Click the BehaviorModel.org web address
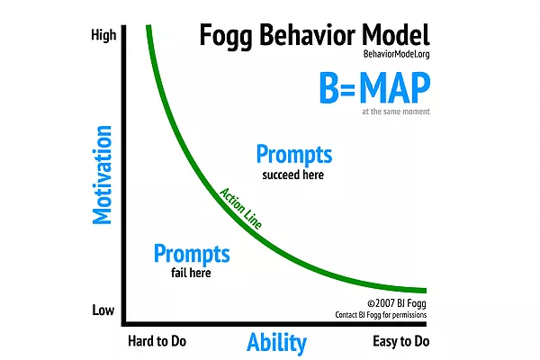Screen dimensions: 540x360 396,54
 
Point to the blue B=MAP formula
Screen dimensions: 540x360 374,87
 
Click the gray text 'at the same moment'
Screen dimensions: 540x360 396,112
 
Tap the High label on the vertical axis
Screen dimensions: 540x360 103,35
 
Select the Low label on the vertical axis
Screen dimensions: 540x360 103,310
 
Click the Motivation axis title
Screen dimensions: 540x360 103,175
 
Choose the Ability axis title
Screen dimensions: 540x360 276,343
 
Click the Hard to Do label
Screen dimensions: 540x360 157,341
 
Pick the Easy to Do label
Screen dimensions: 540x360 400,341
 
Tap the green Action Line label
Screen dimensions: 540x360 240,208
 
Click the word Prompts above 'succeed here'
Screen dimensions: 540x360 294,154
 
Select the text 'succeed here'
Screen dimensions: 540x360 293,175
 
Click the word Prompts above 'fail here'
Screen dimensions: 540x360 192,254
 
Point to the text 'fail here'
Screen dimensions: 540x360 191,273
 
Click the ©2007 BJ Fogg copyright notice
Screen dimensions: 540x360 397,303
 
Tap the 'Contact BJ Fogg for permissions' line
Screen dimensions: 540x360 381,315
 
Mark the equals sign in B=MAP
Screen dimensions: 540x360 348,89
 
